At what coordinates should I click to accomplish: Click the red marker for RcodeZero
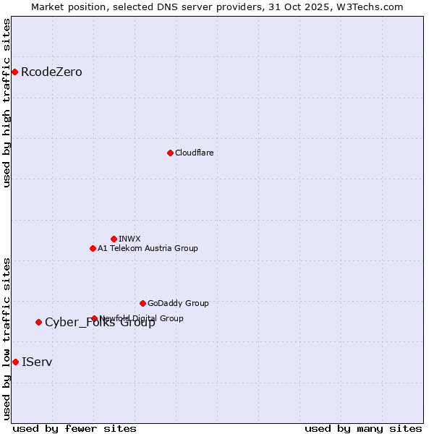click(14, 72)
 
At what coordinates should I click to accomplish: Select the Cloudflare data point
click(170, 153)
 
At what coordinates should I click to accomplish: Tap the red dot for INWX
click(114, 239)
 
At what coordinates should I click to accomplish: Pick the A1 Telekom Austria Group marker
click(93, 248)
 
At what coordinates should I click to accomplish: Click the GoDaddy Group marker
click(142, 303)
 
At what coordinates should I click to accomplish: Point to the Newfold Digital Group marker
click(94, 318)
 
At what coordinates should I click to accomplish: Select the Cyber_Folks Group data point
click(38, 322)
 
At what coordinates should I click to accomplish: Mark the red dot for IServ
click(15, 362)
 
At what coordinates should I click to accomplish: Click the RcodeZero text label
click(51, 72)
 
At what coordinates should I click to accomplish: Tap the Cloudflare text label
click(194, 153)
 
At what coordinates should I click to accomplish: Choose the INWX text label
click(129, 239)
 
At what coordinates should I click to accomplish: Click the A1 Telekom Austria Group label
click(148, 248)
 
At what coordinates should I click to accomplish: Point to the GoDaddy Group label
click(178, 303)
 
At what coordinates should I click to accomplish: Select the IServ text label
click(37, 362)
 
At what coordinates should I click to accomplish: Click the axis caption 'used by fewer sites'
click(75, 428)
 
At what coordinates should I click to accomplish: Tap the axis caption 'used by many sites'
click(363, 428)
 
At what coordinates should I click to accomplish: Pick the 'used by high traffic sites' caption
click(7, 103)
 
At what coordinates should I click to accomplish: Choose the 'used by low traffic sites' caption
click(7, 339)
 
